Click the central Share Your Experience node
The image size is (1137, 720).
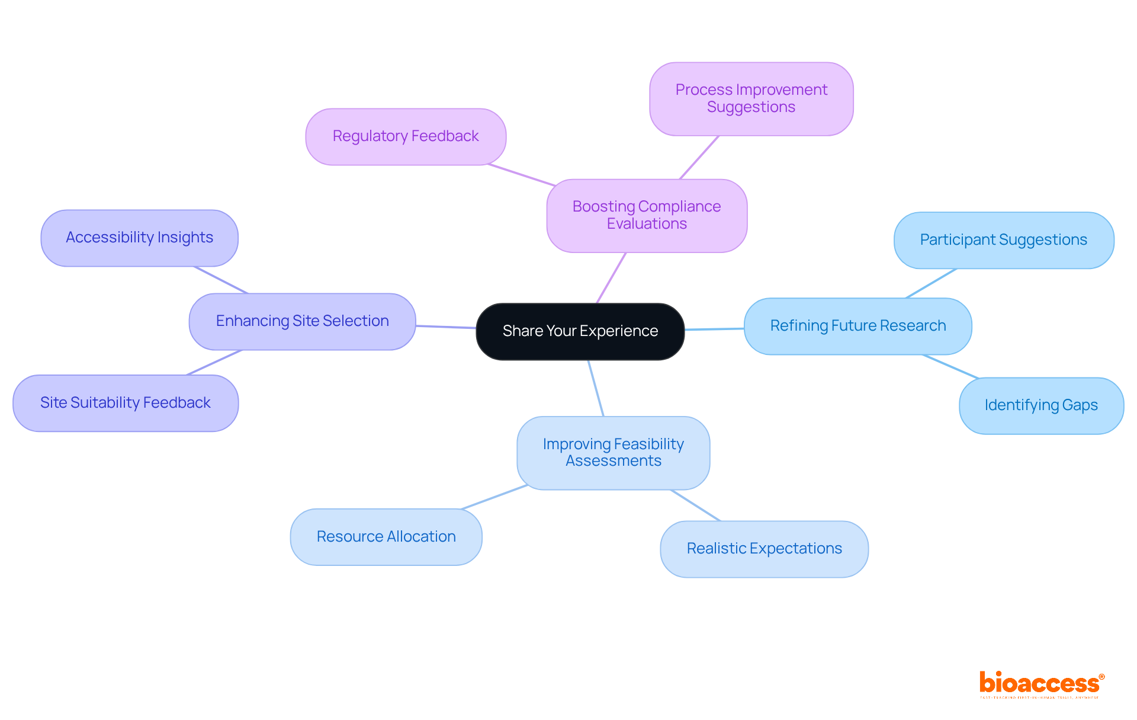click(580, 331)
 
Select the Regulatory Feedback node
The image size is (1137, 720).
click(406, 136)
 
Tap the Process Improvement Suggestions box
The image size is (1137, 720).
click(751, 98)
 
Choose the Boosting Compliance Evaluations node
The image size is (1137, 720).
click(646, 215)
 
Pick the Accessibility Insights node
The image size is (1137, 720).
click(139, 238)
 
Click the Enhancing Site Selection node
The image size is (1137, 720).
click(302, 321)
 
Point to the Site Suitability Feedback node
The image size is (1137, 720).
click(126, 403)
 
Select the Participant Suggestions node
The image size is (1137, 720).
click(1003, 240)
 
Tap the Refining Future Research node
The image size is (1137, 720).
click(857, 326)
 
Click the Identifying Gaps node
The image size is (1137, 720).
click(1040, 405)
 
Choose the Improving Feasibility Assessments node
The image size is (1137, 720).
click(613, 453)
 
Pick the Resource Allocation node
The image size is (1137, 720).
click(386, 537)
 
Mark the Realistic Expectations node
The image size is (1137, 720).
click(764, 549)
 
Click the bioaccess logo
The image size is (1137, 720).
click(1041, 684)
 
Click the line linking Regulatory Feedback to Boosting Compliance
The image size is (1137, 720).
click(521, 175)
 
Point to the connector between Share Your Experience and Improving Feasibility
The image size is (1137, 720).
click(596, 388)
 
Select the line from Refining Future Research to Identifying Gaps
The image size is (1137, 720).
click(950, 366)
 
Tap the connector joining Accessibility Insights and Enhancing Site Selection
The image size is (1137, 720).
click(221, 280)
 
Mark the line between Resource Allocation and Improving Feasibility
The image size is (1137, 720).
click(494, 497)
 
